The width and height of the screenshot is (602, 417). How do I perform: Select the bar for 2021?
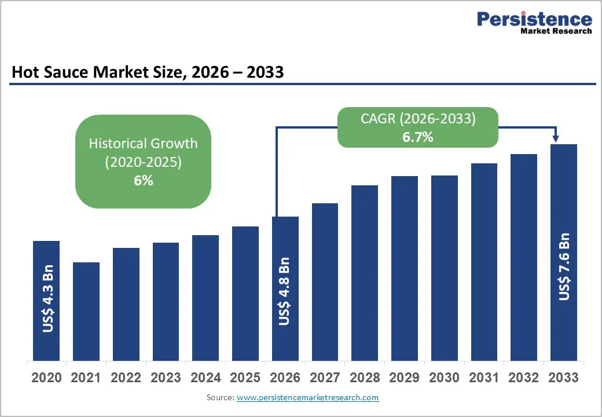(x=86, y=312)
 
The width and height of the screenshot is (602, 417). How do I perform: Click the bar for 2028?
(x=365, y=273)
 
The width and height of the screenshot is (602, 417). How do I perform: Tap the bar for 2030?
(x=445, y=268)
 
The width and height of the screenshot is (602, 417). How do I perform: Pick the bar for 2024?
(x=205, y=298)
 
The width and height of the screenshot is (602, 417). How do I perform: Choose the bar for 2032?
(x=524, y=257)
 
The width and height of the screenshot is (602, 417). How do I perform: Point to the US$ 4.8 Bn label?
(x=284, y=292)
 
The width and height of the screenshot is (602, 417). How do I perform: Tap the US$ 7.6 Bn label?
(x=564, y=267)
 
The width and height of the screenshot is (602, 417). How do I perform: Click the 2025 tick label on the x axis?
(x=245, y=378)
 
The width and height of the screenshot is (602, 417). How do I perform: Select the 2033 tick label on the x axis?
(x=563, y=378)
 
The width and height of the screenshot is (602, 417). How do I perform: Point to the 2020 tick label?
(x=46, y=378)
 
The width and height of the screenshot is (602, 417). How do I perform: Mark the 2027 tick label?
(x=325, y=378)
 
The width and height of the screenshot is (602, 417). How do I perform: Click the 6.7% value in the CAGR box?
(x=418, y=138)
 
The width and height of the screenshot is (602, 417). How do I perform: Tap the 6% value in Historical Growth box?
(x=144, y=181)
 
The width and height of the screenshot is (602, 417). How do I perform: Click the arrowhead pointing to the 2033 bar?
(x=556, y=138)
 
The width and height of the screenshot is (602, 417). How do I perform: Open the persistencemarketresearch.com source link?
(x=308, y=398)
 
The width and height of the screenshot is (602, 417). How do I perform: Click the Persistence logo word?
(x=534, y=19)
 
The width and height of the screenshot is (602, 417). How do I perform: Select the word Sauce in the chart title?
(x=80, y=72)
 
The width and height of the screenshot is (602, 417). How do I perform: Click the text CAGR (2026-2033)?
(x=418, y=119)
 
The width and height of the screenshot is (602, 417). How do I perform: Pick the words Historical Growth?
(x=143, y=143)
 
